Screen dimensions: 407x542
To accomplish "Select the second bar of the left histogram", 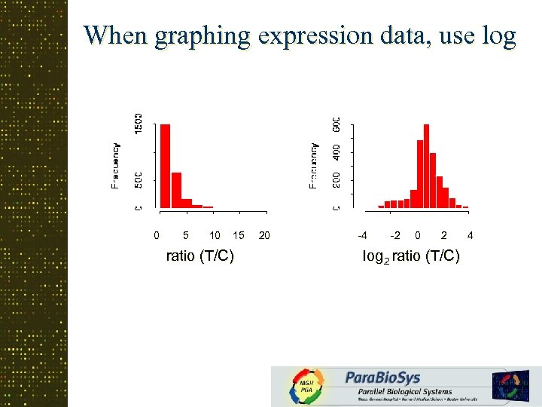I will (176, 189).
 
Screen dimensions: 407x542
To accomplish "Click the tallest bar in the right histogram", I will (426, 166).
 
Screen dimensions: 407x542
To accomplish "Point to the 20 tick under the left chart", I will (264, 236).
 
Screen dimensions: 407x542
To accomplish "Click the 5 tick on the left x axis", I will (186, 236).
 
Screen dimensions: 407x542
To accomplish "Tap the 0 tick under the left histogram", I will (157, 236).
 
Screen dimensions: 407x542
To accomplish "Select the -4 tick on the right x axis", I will (363, 236).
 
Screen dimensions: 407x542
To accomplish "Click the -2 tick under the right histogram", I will (395, 236).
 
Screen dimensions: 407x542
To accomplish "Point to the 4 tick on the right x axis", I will (470, 236).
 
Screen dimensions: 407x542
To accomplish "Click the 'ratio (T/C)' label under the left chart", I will (199, 256).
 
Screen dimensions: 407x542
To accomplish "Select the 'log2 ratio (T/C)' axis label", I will (411, 256).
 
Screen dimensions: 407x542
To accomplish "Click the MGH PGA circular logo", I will (307, 387).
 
